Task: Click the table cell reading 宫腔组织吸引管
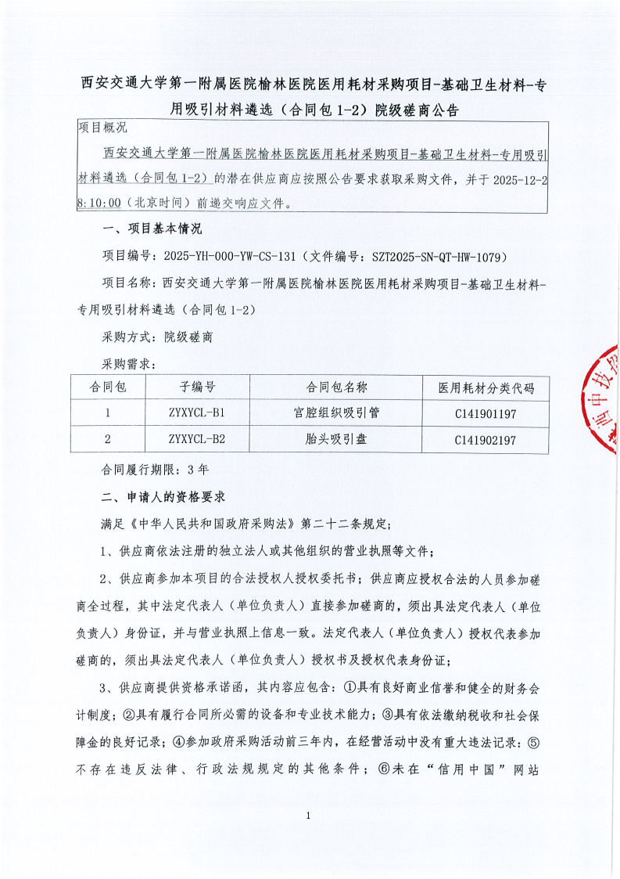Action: click(x=336, y=412)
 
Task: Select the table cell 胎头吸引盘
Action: click(x=336, y=439)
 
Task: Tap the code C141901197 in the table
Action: click(x=485, y=412)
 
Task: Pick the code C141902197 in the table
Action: click(x=485, y=440)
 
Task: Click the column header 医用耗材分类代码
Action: click(x=486, y=387)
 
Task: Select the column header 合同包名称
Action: click(x=336, y=387)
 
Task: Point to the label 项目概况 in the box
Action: click(x=103, y=127)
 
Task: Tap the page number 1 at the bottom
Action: click(x=310, y=838)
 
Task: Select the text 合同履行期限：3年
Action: click(x=155, y=470)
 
